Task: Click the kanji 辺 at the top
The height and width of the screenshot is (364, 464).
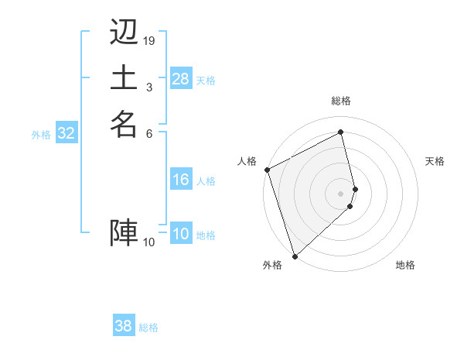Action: (x=124, y=33)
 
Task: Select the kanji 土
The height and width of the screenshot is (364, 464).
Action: (x=124, y=77)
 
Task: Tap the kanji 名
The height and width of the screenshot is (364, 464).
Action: (x=124, y=123)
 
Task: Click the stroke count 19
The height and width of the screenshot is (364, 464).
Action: (x=149, y=40)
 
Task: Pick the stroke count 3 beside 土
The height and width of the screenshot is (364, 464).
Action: (x=149, y=86)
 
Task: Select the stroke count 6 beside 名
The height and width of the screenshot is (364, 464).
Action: (x=149, y=132)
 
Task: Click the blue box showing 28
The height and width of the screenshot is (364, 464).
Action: (x=180, y=79)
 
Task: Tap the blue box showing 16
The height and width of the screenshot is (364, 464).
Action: (x=180, y=180)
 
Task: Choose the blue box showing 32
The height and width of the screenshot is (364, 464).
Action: (x=67, y=133)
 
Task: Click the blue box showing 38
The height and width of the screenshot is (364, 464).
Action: (x=124, y=327)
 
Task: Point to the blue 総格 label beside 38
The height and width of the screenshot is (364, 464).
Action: (x=148, y=328)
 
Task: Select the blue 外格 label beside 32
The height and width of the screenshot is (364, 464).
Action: (x=41, y=134)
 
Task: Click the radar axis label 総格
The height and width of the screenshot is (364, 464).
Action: (x=341, y=101)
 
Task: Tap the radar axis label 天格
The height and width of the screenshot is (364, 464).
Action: (x=435, y=161)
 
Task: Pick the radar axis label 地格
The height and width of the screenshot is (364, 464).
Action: (x=405, y=265)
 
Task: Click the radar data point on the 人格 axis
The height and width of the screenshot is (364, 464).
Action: (x=267, y=170)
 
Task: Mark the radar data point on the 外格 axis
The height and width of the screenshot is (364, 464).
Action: (x=295, y=256)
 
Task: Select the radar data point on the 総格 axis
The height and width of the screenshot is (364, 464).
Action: (x=341, y=132)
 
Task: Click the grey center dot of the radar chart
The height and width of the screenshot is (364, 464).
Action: (x=341, y=193)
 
